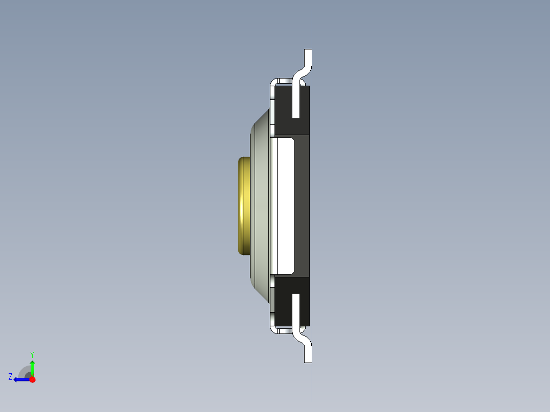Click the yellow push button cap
[x=244, y=206]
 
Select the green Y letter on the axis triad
[x=32, y=354]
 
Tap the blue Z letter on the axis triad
[x=10, y=377]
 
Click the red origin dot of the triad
[x=32, y=379]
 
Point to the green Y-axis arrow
[x=32, y=367]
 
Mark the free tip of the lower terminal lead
[x=308, y=360]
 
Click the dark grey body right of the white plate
[x=302, y=206]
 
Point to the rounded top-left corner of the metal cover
[x=273, y=82]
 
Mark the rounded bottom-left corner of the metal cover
[x=273, y=330]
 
